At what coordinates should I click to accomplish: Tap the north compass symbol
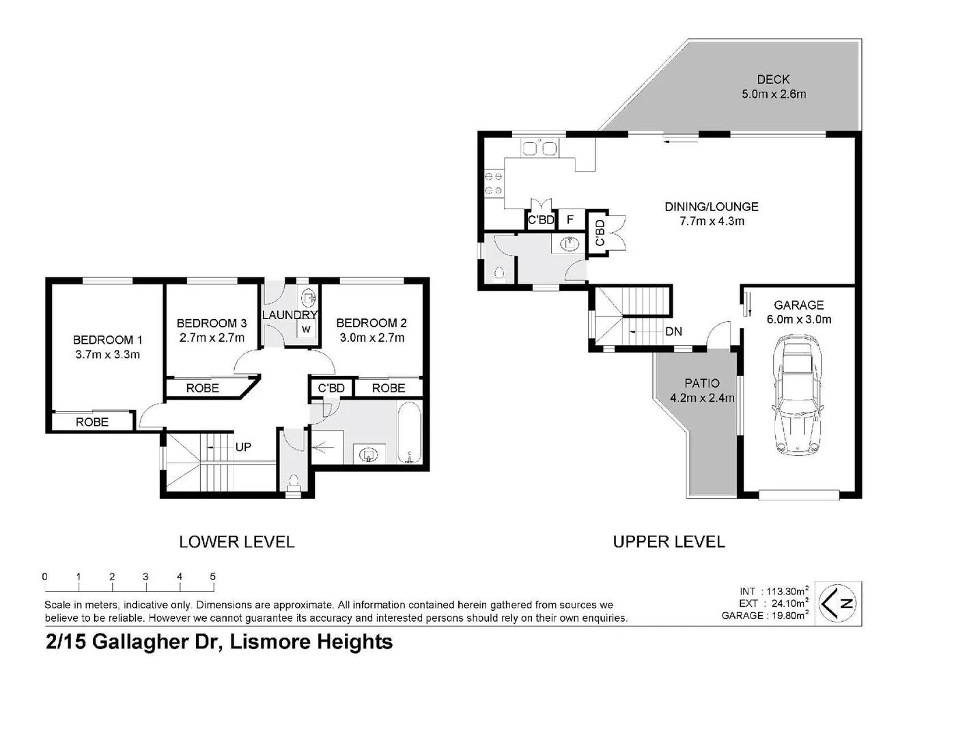coord(839,603)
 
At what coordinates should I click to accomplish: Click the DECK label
coord(773,79)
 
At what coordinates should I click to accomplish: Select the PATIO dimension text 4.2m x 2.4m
coord(702,398)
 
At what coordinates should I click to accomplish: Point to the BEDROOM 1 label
coord(107,340)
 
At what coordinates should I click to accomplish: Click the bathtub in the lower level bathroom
coord(409,433)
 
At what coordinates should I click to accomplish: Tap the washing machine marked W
coord(306,329)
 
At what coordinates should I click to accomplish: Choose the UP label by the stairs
coord(243,447)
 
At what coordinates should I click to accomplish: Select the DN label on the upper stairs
coord(673,331)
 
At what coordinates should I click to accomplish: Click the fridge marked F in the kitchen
coord(570,220)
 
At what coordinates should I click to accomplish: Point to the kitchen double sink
coord(539,148)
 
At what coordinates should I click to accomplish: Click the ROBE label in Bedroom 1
coord(92,422)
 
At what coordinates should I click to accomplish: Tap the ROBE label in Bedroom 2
coord(389,388)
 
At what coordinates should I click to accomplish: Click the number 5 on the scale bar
coord(213,577)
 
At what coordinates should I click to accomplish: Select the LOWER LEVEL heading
coord(236,542)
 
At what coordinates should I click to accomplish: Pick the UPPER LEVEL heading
coord(669,542)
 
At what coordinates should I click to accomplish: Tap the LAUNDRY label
coord(290,315)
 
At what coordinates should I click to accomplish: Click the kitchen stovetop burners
coord(493,184)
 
